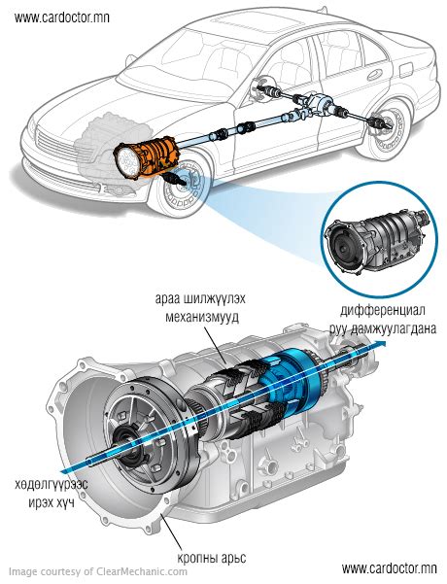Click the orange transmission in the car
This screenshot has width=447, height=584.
point(147,157)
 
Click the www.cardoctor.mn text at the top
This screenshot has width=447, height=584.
point(62,17)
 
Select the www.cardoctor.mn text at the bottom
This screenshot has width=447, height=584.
point(389,568)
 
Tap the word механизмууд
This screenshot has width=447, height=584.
point(202,318)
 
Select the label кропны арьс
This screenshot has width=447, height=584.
point(212,558)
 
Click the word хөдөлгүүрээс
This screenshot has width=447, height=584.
point(52,485)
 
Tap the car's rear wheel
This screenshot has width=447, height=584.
point(388,127)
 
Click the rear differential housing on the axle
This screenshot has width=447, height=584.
point(318,102)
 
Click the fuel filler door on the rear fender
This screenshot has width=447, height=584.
point(406,69)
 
